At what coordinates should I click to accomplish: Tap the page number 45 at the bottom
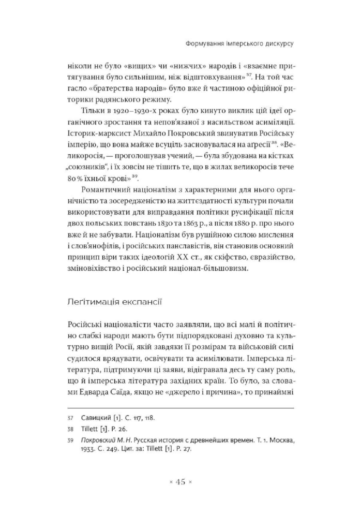click(181, 482)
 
